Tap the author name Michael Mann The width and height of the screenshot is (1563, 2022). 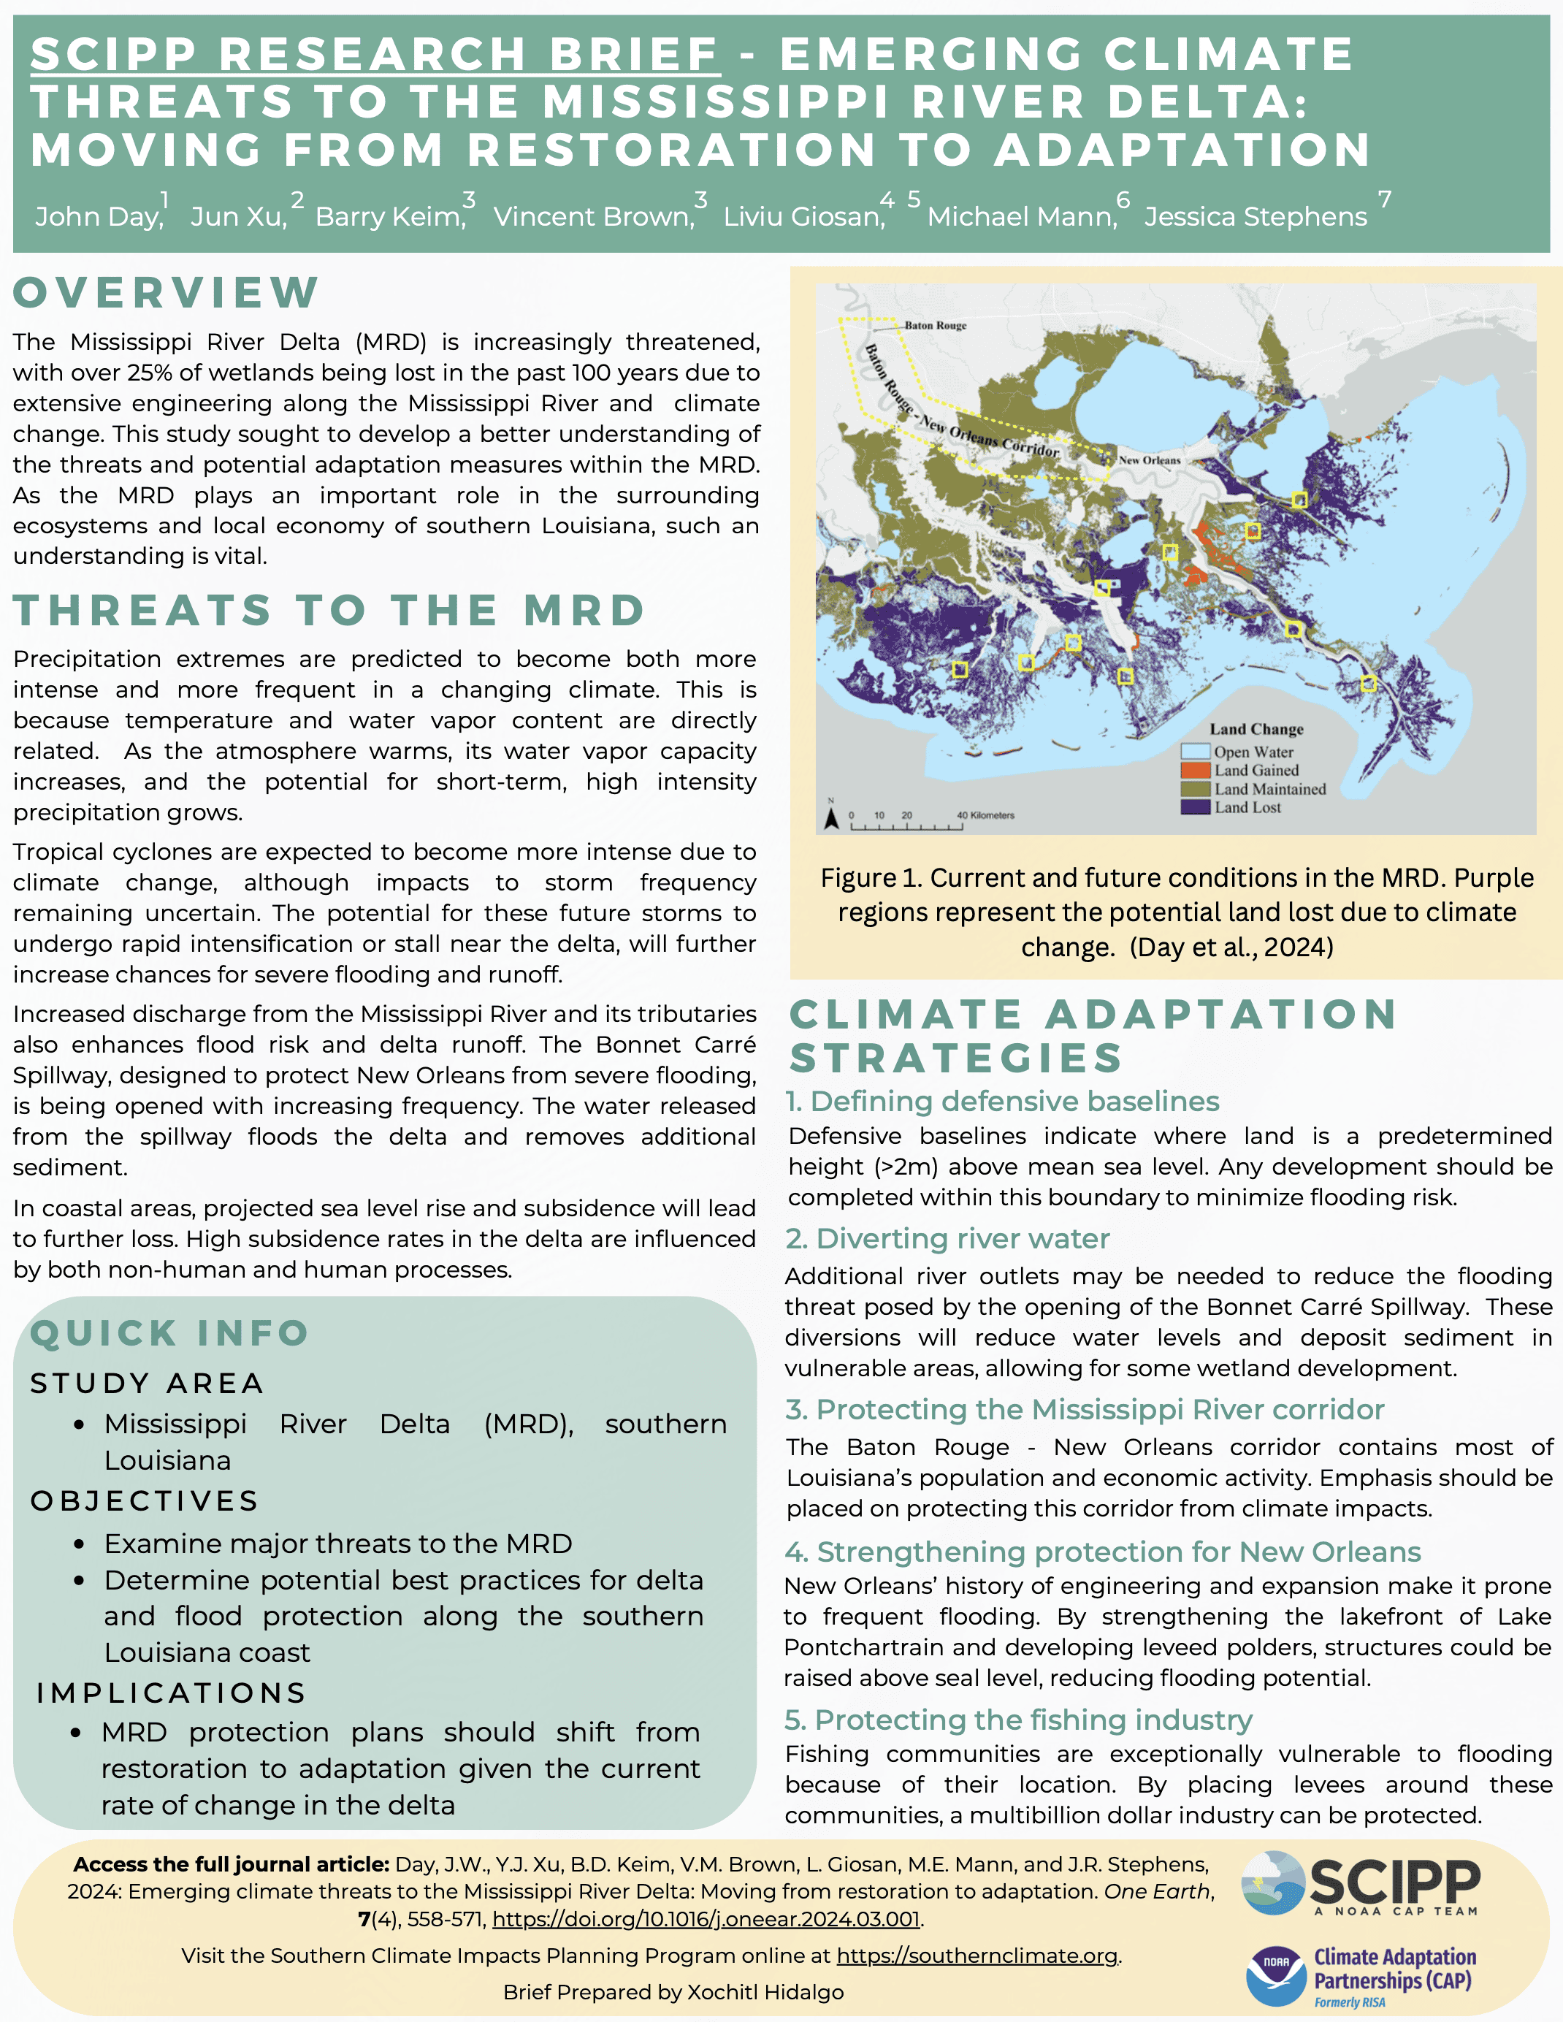[1021, 217]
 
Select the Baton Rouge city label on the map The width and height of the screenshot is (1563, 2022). [935, 326]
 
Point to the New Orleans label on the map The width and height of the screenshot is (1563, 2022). [1149, 460]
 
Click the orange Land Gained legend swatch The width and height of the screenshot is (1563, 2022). [1196, 770]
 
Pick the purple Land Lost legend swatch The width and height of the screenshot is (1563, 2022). [1196, 807]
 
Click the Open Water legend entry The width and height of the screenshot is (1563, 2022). [1253, 752]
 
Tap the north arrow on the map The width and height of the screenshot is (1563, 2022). [831, 817]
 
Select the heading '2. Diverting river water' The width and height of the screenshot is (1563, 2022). [947, 1239]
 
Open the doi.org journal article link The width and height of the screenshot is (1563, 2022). [706, 1919]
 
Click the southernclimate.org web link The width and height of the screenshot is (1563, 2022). [977, 1956]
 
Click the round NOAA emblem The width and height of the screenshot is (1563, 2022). [1276, 1976]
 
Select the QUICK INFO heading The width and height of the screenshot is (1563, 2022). [169, 1333]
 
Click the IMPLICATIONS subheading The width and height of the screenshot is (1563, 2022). [172, 1693]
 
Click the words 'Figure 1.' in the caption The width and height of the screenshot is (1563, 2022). [871, 877]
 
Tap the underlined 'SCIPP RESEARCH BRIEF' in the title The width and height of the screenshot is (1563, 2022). [375, 54]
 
